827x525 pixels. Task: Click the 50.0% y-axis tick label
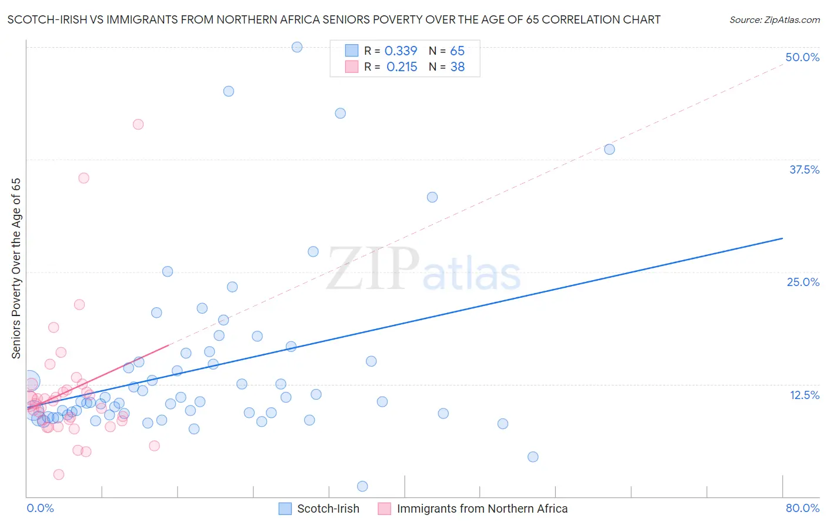pyautogui.click(x=802, y=57)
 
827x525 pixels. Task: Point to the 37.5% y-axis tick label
pyautogui.click(x=804, y=170)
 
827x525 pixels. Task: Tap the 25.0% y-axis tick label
pyautogui.click(x=803, y=282)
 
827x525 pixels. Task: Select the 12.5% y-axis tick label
pyautogui.click(x=804, y=395)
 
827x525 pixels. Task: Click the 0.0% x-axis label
pyautogui.click(x=40, y=508)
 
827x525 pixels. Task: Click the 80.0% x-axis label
pyautogui.click(x=802, y=508)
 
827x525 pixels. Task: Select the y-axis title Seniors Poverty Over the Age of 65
pyautogui.click(x=16, y=268)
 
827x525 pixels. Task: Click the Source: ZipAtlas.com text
pyautogui.click(x=774, y=20)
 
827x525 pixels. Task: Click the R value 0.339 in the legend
pyautogui.click(x=401, y=51)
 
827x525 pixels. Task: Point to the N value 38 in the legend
pyautogui.click(x=457, y=67)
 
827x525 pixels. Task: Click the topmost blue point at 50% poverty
pyautogui.click(x=297, y=47)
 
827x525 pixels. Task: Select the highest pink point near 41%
pyautogui.click(x=138, y=124)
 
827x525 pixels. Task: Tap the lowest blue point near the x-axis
pyautogui.click(x=362, y=486)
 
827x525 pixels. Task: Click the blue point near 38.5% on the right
pyautogui.click(x=609, y=149)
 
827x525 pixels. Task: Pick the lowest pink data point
pyautogui.click(x=59, y=474)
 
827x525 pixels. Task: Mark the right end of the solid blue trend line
pyautogui.click(x=782, y=238)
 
